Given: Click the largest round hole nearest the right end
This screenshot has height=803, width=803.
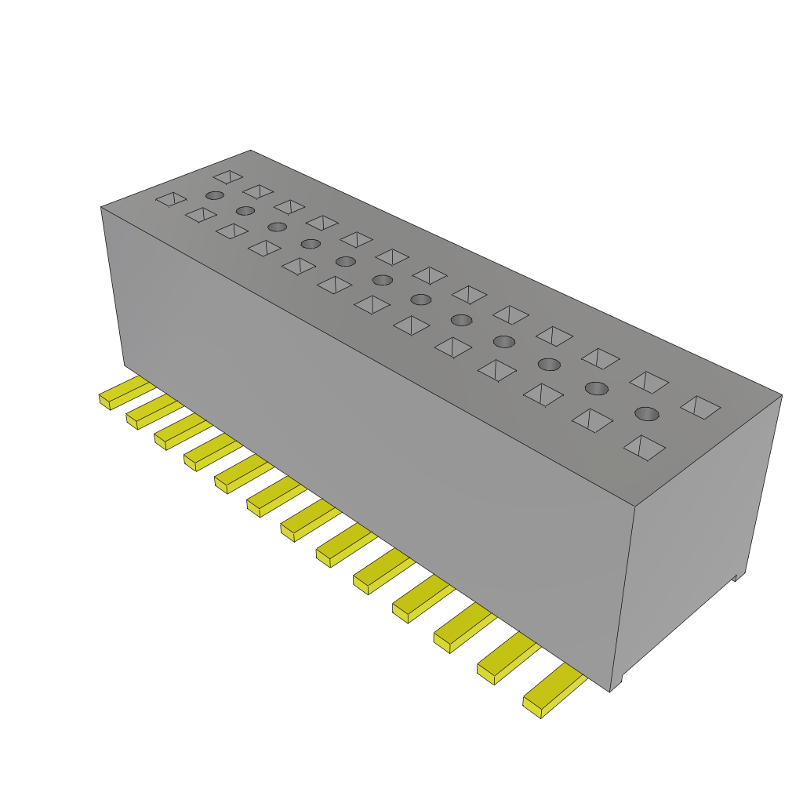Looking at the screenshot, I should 646,413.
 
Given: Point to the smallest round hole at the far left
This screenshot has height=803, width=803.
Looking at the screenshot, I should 214,195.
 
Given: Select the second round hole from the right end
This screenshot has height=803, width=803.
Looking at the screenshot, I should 597,388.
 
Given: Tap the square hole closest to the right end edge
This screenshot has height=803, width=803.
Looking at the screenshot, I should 700,406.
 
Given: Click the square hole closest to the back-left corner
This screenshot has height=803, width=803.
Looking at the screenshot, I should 227,176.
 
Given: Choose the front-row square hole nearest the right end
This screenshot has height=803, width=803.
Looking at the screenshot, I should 644,448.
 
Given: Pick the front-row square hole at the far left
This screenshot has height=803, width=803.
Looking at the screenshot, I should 171,200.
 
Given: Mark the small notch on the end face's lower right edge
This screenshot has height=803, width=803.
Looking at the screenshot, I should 737,577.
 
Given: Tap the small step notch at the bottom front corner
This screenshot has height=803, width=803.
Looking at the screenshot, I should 616,683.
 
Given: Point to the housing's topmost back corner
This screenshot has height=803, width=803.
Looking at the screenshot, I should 250,151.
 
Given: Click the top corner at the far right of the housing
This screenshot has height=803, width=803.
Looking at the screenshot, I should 781,394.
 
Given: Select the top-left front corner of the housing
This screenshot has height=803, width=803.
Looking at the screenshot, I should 101,208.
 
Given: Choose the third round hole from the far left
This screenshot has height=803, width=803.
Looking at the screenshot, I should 277,227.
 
